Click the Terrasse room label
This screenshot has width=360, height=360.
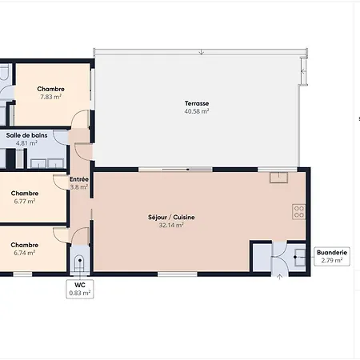click(197, 103)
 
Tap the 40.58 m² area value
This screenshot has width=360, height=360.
click(197, 111)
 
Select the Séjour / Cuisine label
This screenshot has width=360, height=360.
click(171, 218)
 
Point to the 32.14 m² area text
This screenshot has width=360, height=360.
click(171, 225)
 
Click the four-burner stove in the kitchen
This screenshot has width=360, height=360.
click(299, 212)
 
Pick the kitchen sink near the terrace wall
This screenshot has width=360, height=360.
click(278, 178)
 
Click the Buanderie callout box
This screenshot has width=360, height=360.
click(332, 256)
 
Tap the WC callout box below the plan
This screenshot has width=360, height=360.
click(80, 289)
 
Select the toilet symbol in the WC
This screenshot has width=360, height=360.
click(79, 263)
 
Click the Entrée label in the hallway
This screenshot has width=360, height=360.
click(79, 179)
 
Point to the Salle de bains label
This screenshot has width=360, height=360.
click(26, 135)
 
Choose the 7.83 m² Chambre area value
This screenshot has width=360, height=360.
click(50, 97)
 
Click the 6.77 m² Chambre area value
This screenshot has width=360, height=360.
click(25, 201)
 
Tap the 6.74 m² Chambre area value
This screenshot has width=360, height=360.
click(25, 253)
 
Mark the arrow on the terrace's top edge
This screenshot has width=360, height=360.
click(202, 52)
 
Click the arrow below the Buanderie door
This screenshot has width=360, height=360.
click(279, 277)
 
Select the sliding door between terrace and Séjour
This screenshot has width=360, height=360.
click(175, 170)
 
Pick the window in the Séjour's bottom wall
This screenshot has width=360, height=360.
click(178, 274)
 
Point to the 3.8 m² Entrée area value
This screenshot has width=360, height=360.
click(79, 187)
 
